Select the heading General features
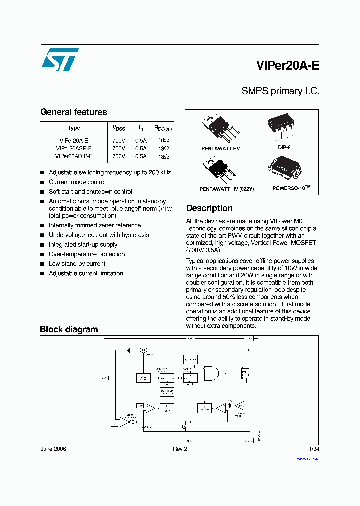[73, 112]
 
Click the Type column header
[74, 128]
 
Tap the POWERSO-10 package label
[291, 188]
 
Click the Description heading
[209, 208]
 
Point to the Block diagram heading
[69, 329]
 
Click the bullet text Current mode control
[77, 182]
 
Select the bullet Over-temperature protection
[86, 254]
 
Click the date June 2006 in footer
[53, 449]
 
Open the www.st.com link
[308, 458]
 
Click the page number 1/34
[314, 449]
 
